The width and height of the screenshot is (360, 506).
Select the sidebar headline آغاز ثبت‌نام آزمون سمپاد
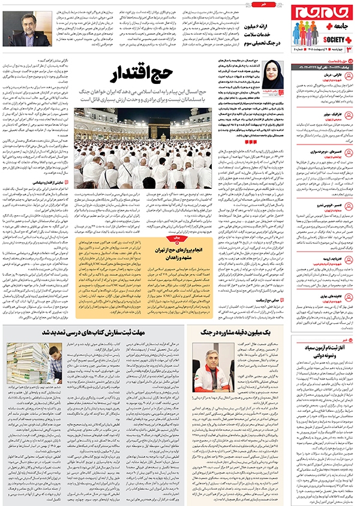coord(327,350)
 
